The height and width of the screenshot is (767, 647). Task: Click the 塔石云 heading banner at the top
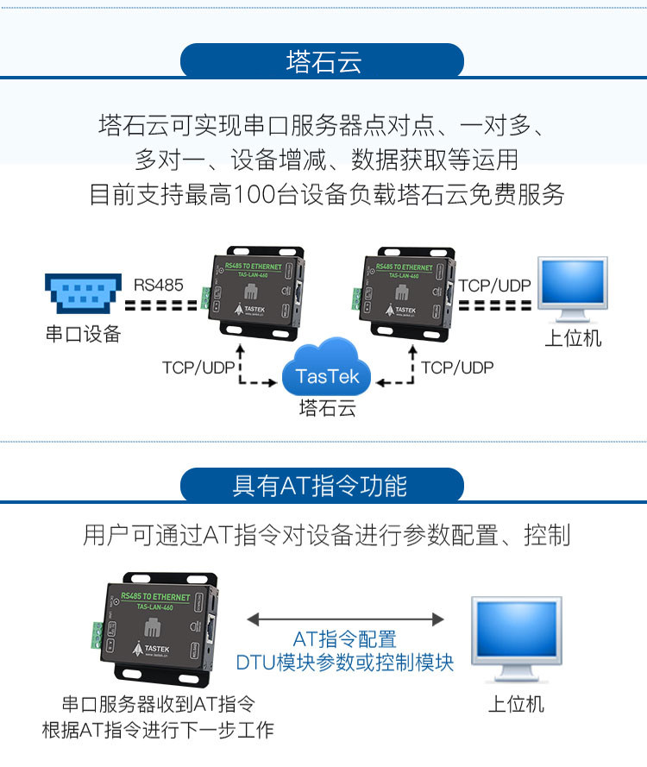point(323,61)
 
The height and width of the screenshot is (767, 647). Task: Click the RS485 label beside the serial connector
point(159,284)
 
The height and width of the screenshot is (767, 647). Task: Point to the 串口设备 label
point(83,334)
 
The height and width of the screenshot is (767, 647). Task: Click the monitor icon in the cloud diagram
point(572,288)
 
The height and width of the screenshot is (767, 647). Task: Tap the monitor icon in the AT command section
point(516,638)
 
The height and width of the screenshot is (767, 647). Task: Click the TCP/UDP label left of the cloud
point(198,368)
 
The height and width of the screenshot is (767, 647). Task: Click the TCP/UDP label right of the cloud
point(457,368)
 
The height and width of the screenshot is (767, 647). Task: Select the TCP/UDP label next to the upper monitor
point(494,285)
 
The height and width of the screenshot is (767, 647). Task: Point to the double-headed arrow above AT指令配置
point(345,619)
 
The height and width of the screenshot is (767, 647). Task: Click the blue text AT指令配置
point(345,639)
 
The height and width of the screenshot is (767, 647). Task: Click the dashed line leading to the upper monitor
point(494,305)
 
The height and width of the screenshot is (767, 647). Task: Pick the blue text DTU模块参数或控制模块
point(345,663)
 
